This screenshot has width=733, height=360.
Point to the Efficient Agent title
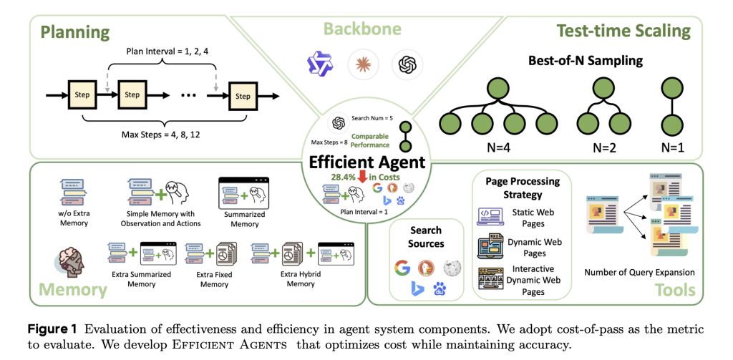pos(366,162)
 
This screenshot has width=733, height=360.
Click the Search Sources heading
pos(426,237)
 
